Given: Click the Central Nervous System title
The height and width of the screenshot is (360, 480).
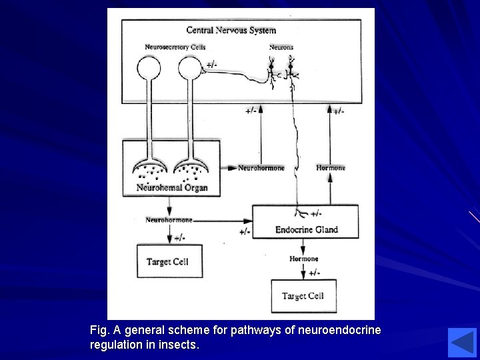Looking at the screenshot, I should pyautogui.click(x=231, y=30).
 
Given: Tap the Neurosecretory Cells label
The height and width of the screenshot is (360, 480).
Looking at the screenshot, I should pyautogui.click(x=175, y=47).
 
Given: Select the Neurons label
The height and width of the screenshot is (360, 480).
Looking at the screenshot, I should pyautogui.click(x=281, y=47).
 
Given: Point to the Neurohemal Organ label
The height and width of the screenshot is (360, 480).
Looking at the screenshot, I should pyautogui.click(x=172, y=187).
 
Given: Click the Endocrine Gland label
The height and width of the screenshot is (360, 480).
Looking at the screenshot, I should pyautogui.click(x=307, y=230).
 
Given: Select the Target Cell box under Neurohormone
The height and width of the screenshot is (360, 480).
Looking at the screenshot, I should pyautogui.click(x=169, y=261).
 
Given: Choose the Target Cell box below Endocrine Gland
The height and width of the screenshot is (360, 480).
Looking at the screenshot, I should pyautogui.click(x=303, y=296).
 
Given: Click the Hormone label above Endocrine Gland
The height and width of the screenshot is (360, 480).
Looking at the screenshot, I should pyautogui.click(x=331, y=168).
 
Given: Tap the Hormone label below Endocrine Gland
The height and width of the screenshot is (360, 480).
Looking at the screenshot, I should pyautogui.click(x=303, y=259).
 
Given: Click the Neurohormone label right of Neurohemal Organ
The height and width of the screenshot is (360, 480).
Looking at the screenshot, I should pyautogui.click(x=261, y=168).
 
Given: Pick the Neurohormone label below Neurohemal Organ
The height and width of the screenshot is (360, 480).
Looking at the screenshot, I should pyautogui.click(x=169, y=220).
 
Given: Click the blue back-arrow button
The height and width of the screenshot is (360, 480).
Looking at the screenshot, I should pyautogui.click(x=462, y=342).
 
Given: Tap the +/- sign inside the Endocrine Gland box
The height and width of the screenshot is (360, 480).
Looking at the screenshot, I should pyautogui.click(x=315, y=213).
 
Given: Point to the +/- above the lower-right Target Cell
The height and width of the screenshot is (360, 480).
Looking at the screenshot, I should pyautogui.click(x=314, y=273).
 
